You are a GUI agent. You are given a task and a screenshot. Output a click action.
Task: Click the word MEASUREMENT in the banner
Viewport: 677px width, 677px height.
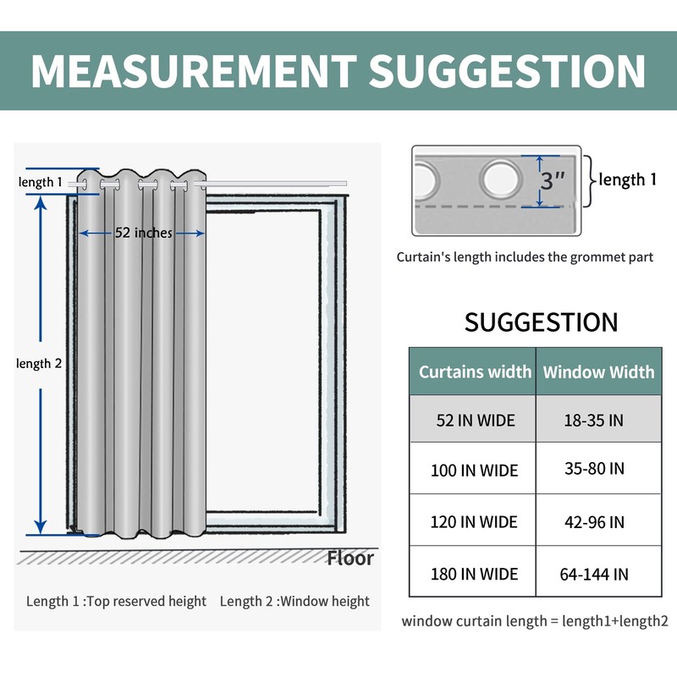click(192, 71)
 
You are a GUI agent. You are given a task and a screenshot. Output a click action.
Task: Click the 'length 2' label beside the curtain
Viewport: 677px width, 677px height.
click(39, 363)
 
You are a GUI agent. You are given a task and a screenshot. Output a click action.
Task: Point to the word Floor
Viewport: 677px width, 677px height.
click(350, 558)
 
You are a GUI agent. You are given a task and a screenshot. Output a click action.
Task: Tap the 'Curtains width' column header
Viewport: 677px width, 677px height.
click(475, 371)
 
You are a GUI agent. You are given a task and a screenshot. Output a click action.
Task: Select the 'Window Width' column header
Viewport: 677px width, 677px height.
click(598, 371)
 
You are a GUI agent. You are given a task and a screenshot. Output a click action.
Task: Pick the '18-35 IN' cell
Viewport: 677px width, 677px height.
click(594, 420)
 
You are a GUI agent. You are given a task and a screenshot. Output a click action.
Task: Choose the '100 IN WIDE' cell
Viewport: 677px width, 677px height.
click(474, 471)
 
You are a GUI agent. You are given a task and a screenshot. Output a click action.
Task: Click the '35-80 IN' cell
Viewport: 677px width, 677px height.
click(594, 468)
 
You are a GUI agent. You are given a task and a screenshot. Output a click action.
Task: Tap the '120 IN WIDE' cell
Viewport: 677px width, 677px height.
click(474, 522)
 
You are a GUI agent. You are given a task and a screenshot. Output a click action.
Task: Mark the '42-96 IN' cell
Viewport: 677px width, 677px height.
click(594, 522)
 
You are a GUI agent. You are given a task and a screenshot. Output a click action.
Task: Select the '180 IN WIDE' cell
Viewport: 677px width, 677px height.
click(474, 574)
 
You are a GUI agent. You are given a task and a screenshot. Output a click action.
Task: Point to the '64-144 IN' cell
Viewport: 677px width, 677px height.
click(594, 575)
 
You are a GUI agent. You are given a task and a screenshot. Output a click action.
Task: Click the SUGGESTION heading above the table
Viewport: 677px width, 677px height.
click(542, 322)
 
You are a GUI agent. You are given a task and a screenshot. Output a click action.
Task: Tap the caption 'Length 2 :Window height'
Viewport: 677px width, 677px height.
click(294, 602)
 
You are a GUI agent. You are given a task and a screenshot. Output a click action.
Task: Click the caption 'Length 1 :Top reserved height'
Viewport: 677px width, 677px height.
click(116, 602)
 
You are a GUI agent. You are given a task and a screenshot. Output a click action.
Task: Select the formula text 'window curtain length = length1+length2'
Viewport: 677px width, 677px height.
click(535, 622)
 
